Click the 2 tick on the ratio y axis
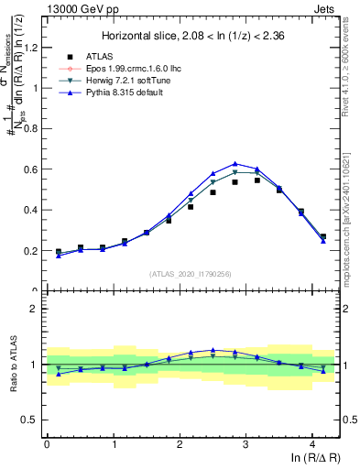[x=36, y=309]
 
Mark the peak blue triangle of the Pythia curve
[x=235, y=163]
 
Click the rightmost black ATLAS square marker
[x=322, y=236]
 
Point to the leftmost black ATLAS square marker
[x=59, y=251]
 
